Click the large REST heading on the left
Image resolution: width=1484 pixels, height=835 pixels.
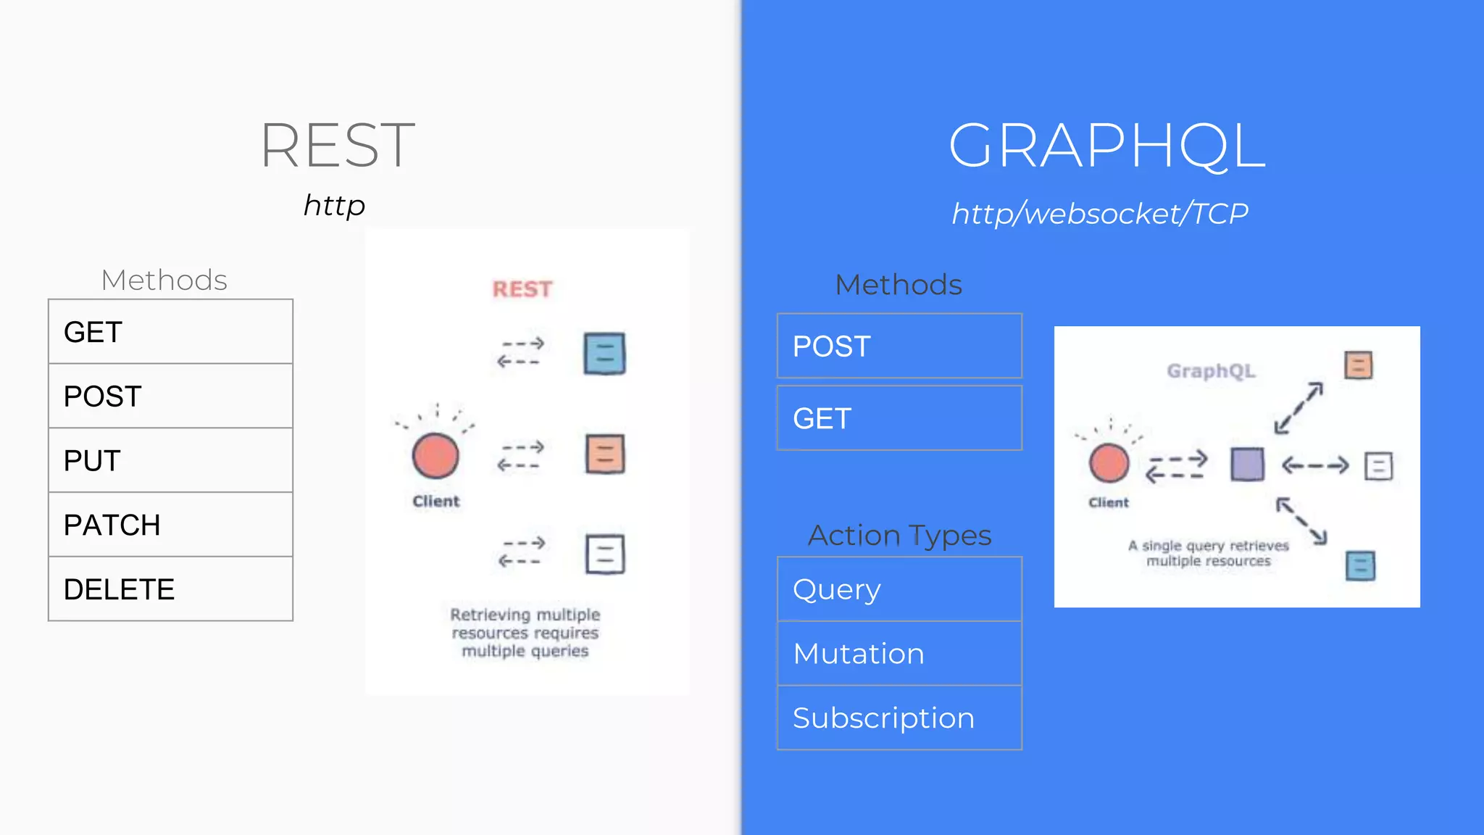point(338,145)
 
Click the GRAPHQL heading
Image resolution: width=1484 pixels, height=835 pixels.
point(1106,145)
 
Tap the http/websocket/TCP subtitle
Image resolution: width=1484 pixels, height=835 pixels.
point(1100,214)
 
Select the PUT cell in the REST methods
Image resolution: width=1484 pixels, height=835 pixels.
point(170,460)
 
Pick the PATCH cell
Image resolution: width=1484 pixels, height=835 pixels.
point(170,525)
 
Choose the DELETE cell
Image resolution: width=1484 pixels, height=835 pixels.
point(170,589)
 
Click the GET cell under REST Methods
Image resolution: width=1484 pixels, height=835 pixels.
point(170,332)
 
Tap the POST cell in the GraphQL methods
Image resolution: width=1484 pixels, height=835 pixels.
point(899,346)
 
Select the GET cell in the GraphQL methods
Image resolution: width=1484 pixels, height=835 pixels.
point(899,418)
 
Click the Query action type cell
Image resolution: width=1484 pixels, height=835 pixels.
point(899,589)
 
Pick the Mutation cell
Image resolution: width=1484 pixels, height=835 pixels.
point(899,654)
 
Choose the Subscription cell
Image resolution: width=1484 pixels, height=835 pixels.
point(899,718)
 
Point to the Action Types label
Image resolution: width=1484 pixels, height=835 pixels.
point(899,536)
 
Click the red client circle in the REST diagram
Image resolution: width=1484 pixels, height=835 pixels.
point(435,456)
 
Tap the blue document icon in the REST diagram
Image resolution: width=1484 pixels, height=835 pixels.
point(604,354)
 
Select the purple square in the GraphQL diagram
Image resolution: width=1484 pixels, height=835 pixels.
point(1247,465)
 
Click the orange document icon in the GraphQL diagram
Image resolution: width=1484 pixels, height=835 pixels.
point(1359,365)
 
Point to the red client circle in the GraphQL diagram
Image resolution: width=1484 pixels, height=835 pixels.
point(1109,464)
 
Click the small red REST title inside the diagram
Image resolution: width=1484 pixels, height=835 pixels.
point(522,289)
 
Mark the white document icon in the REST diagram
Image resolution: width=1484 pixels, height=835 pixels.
point(605,554)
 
